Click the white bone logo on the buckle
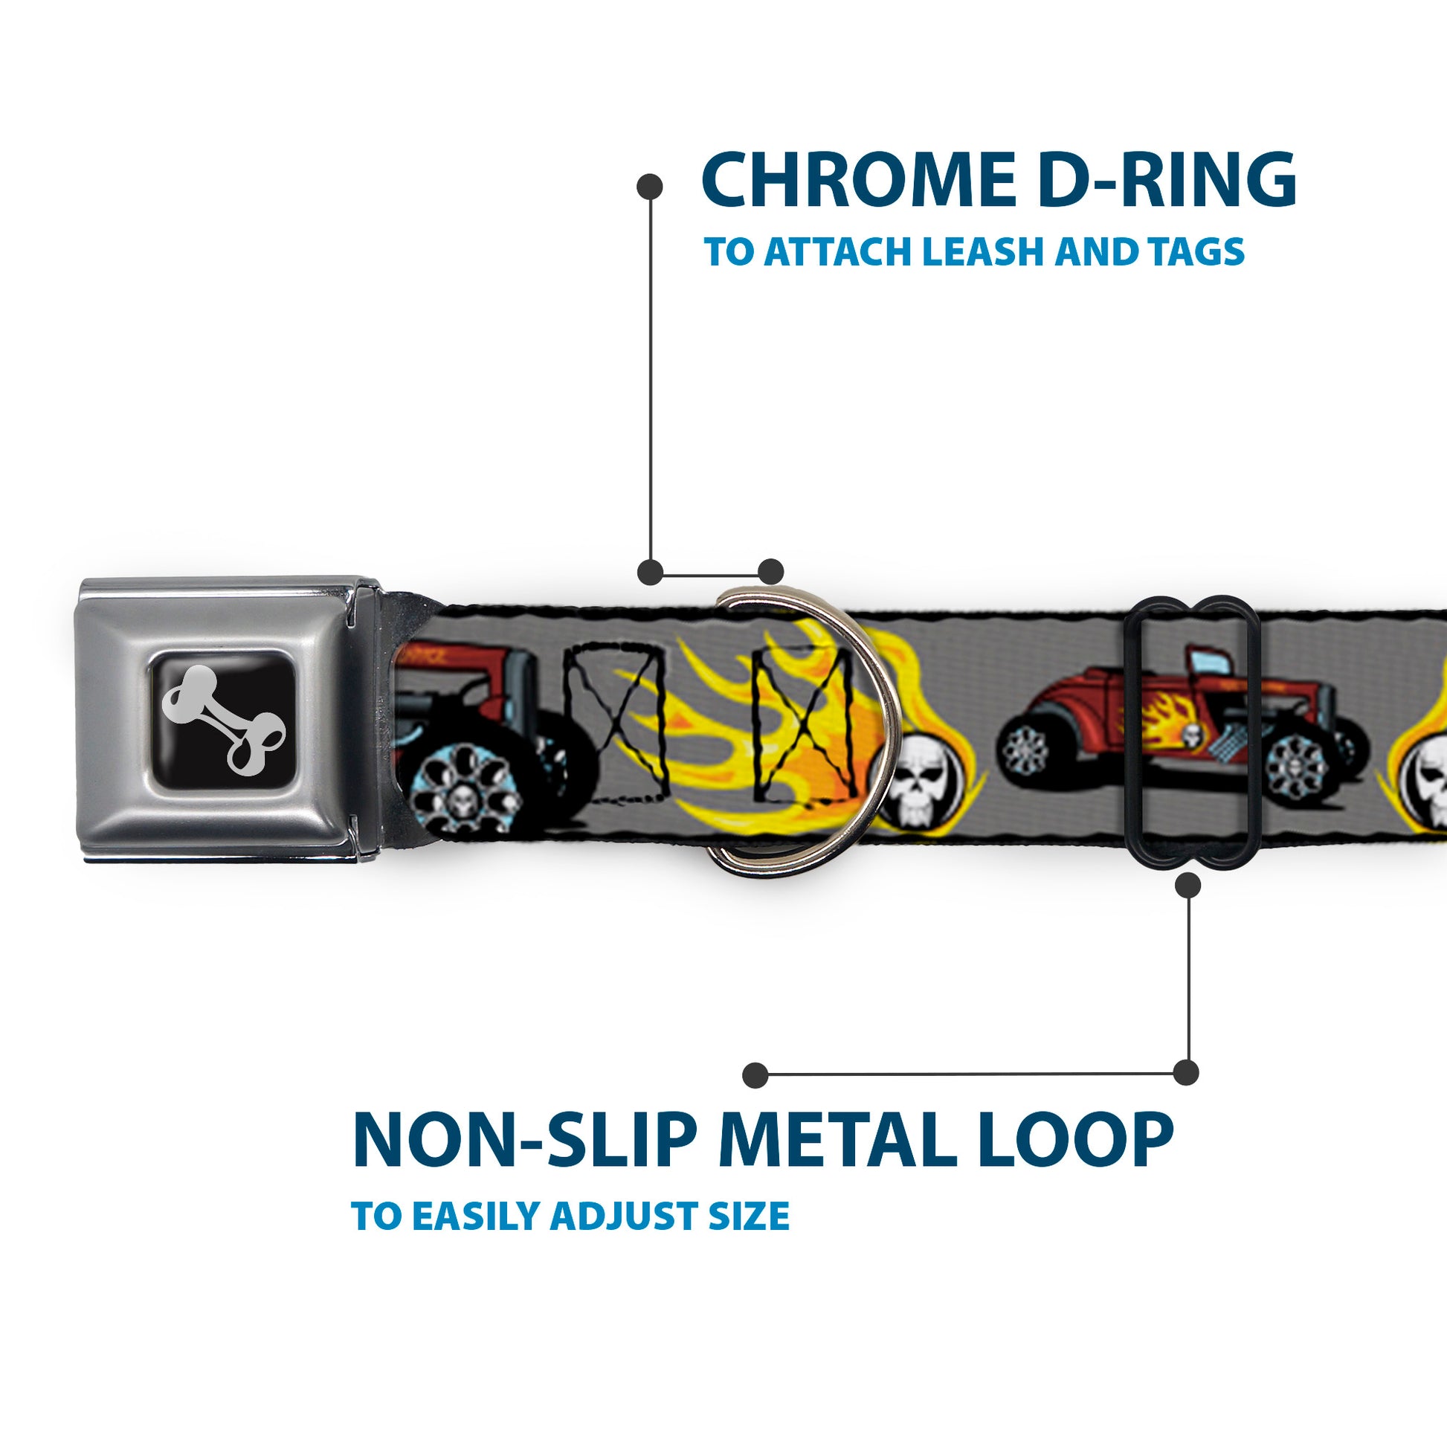[222, 719]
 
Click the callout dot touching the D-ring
[770, 572]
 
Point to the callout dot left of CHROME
[649, 187]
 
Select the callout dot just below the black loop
[1187, 886]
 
